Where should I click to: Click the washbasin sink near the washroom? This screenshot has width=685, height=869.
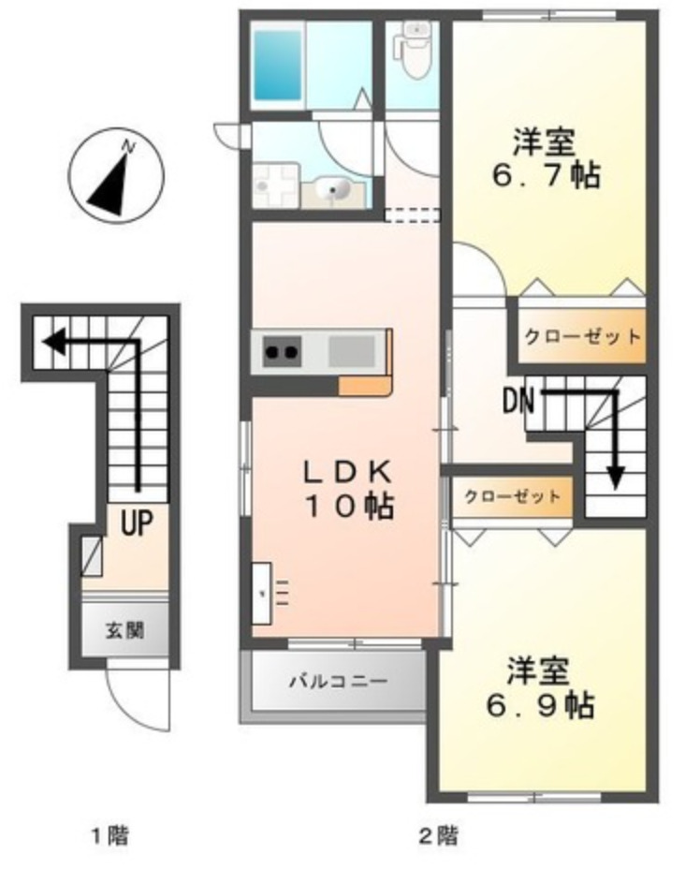(334, 191)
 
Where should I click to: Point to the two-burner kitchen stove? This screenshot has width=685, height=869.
(282, 352)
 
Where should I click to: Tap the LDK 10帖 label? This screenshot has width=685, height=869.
(345, 489)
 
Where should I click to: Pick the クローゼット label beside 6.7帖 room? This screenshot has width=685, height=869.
(582, 336)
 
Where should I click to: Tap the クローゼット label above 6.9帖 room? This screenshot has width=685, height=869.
(513, 496)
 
